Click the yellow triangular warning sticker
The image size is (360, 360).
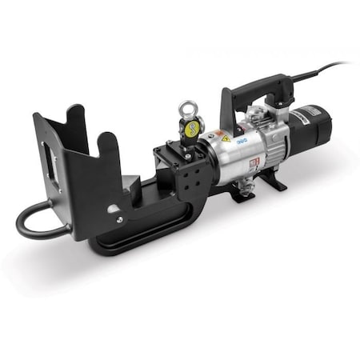226,138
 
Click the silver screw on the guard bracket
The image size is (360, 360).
119,218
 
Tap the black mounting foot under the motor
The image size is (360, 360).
272,180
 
